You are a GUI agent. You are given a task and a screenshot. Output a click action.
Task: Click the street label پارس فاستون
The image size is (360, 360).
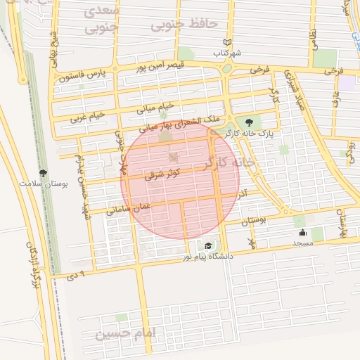coord(82,74)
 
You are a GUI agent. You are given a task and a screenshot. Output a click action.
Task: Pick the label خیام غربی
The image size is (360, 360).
coord(87,116)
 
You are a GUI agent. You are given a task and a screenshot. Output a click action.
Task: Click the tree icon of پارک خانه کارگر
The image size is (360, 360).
coord(249,122)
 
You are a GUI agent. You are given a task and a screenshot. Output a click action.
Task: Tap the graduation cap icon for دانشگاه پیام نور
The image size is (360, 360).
coord(208,245)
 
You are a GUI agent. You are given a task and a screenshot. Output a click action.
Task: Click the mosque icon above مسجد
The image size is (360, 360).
coord(303,233)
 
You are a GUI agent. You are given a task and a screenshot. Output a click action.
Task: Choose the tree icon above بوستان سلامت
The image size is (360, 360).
coord(43,173)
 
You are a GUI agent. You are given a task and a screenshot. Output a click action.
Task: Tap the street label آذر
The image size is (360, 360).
coord(243,191)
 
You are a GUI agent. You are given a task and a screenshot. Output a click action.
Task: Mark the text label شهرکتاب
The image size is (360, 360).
coord(228,53)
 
